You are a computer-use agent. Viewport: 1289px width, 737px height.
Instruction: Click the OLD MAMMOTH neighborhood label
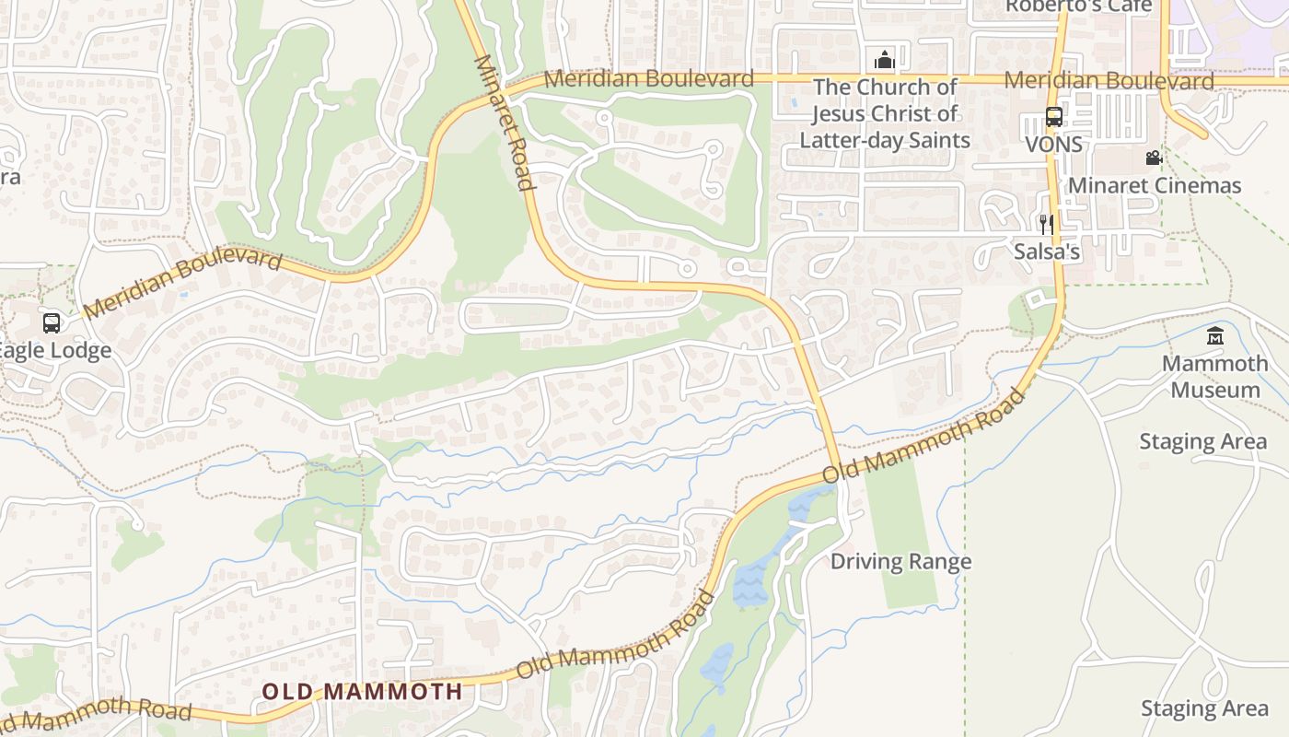362,691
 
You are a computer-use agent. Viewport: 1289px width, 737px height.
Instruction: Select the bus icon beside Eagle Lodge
52,323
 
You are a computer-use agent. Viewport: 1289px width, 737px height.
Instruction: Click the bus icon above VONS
1054,117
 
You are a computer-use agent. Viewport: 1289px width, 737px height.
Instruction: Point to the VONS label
1054,145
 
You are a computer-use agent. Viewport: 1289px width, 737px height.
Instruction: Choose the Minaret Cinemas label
1155,185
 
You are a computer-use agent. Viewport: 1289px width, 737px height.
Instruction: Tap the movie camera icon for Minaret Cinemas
1154,158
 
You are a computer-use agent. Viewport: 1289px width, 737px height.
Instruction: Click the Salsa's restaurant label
1047,252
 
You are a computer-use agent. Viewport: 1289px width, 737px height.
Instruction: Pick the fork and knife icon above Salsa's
1046,225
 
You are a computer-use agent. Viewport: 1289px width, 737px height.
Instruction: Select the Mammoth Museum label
1214,376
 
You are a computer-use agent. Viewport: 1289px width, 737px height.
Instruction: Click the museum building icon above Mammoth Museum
1214,335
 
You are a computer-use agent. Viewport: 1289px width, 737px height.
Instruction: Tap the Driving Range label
900,561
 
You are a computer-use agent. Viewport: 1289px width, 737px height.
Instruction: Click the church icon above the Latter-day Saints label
884,60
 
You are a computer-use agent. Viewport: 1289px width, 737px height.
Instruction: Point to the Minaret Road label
505,123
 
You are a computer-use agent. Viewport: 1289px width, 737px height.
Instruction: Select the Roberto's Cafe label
1078,6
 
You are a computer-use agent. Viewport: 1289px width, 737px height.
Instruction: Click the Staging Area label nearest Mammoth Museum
1202,441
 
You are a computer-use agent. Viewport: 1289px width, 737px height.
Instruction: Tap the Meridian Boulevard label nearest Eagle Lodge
182,282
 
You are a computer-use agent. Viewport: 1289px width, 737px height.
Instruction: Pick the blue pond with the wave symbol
749,586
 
